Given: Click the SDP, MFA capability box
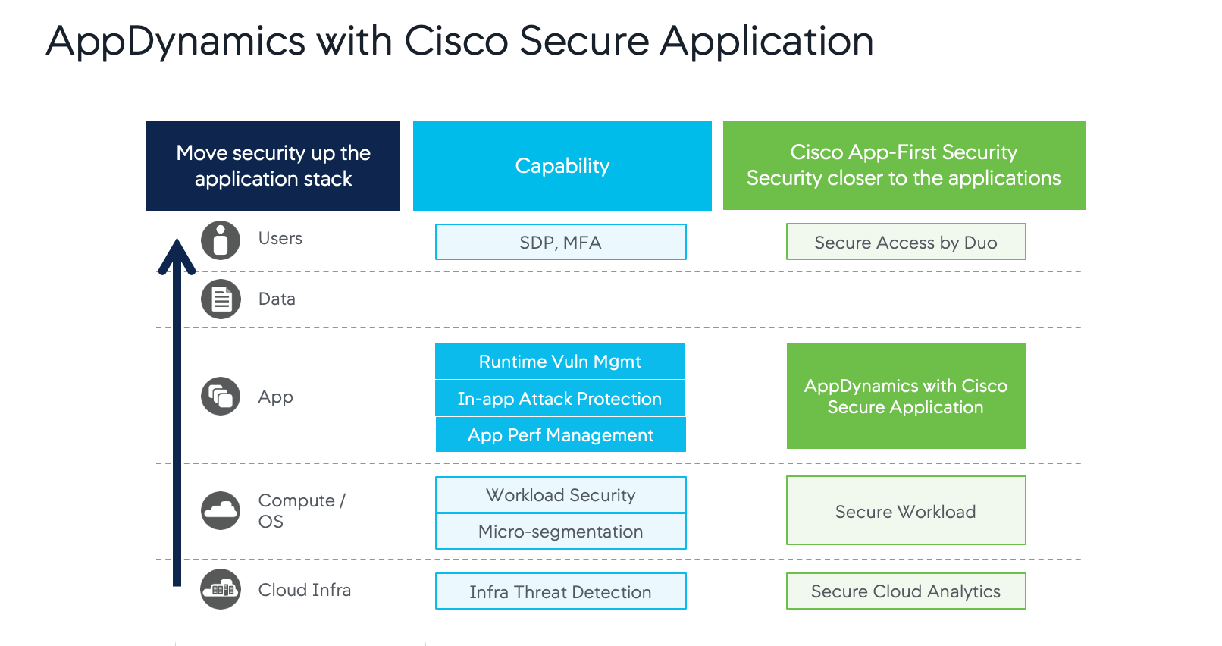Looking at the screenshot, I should pos(560,242).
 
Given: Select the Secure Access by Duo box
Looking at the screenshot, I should pos(905,242).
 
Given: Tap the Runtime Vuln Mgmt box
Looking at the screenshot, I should pos(560,362).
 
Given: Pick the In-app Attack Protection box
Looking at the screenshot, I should pos(560,398).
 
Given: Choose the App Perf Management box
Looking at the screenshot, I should pos(560,434).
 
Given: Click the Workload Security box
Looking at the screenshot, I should pos(560,495).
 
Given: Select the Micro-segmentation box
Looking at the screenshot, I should pos(560,532).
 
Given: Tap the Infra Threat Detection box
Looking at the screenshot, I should pos(560,591).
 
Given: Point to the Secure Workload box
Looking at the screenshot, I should pos(905,510).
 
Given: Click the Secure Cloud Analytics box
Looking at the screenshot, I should pos(905,591).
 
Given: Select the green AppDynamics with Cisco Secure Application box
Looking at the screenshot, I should pos(905,396).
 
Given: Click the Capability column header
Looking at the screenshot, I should pos(562,165).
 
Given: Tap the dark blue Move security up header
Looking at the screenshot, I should pos(273,165).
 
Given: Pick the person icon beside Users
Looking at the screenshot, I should pos(221,240).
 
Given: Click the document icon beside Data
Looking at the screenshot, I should pos(221,299).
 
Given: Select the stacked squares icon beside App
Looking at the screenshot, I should pos(221,397).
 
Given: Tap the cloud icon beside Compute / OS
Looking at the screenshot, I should pos(221,510).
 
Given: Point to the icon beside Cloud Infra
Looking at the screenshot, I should pos(221,589).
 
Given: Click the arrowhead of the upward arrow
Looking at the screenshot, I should pos(177,254).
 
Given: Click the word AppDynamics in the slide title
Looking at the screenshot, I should pos(175,41).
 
